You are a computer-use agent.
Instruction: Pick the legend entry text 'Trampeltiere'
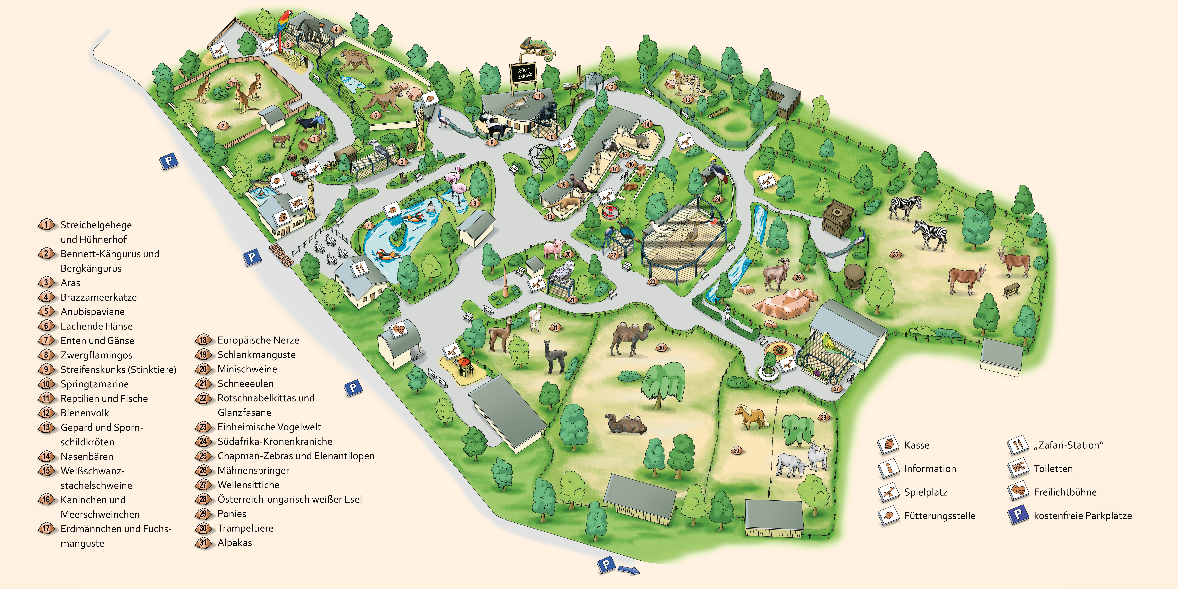click(x=246, y=528)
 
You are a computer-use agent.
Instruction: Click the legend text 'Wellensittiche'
click(x=248, y=485)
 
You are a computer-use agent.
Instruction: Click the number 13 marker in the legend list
click(x=46, y=428)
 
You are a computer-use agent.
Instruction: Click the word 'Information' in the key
click(x=930, y=469)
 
